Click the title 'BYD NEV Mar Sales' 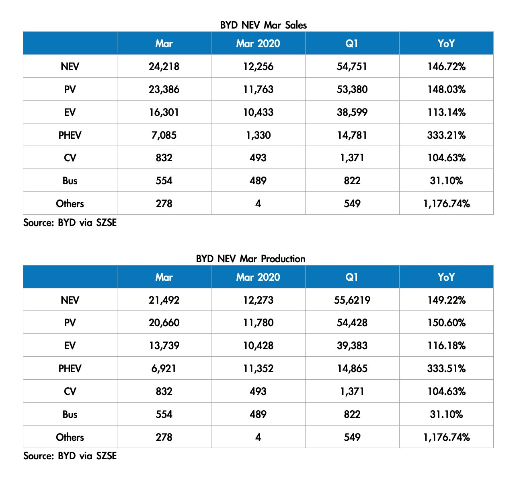click(263, 25)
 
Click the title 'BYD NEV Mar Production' click(250, 259)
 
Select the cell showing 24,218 click(164, 66)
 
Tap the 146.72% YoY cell click(446, 66)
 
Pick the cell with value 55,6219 click(352, 300)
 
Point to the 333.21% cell click(446, 135)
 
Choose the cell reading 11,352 click(258, 369)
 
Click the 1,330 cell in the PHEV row click(258, 135)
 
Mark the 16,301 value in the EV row click(164, 112)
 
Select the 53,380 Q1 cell click(352, 89)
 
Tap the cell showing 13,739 click(164, 346)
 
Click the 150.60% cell click(446, 323)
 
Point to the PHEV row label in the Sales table click(70, 135)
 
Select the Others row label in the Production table click(70, 437)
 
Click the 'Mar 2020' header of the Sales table click(258, 43)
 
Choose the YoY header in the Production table click(446, 277)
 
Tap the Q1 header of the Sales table click(352, 43)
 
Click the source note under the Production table click(70, 456)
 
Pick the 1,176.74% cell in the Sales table click(446, 204)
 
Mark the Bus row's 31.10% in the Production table click(446, 414)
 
